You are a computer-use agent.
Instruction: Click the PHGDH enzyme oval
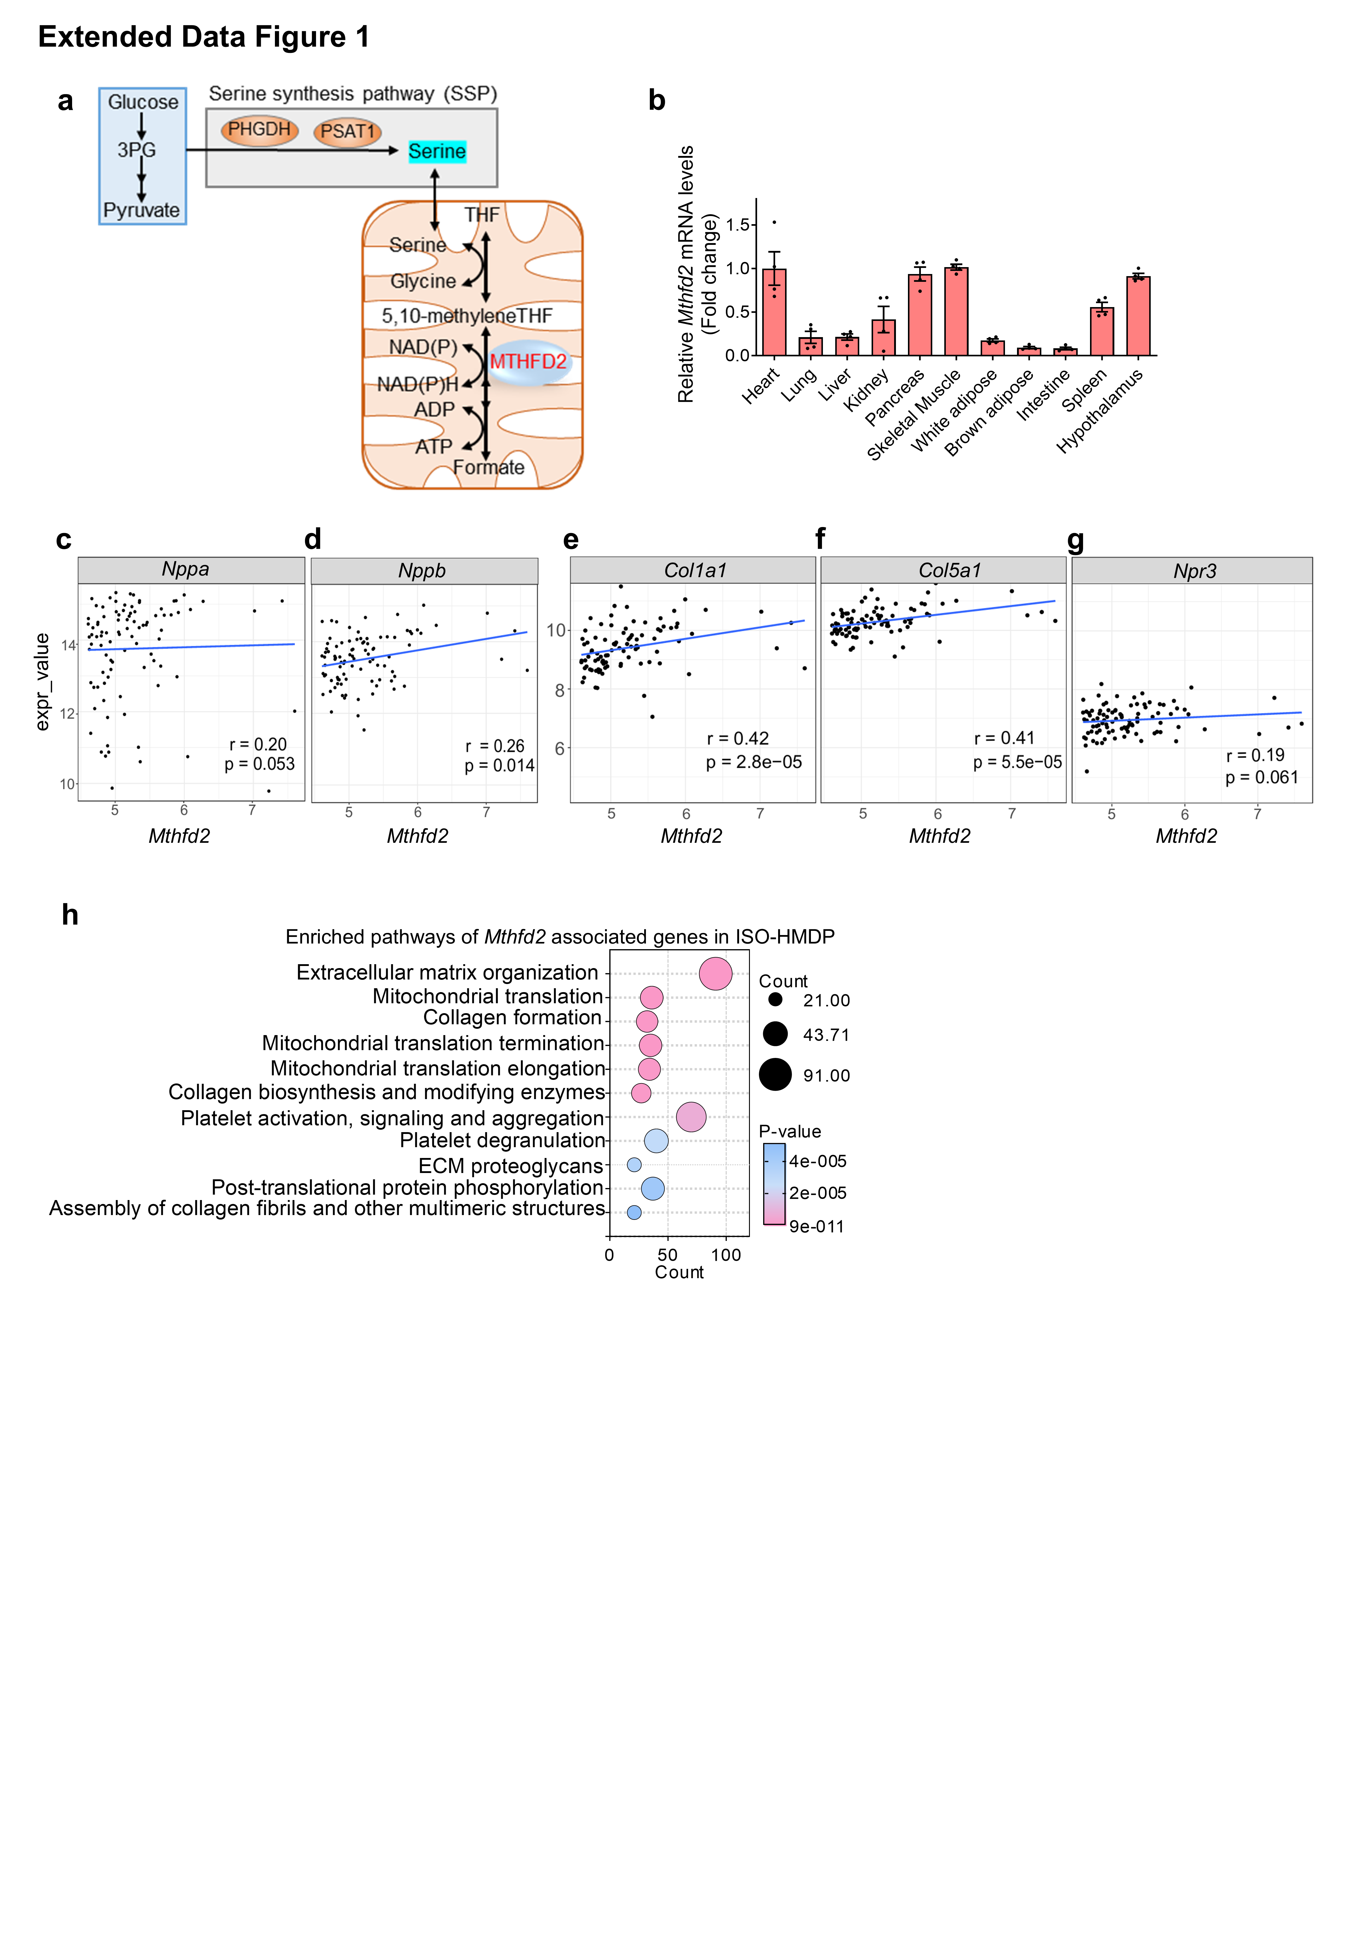[x=259, y=129]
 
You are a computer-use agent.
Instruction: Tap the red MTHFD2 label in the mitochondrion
[x=528, y=362]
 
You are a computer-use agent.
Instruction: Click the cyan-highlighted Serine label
[x=437, y=152]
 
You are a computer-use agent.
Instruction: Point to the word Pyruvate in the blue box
[x=142, y=210]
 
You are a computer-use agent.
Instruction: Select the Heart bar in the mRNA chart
[x=773, y=312]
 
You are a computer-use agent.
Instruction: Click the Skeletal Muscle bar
[x=955, y=311]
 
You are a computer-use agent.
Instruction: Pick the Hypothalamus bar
[x=1138, y=315]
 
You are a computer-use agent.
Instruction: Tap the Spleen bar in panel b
[x=1101, y=331]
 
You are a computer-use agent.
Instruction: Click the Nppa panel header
[x=186, y=569]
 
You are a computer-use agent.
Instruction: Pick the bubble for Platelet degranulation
[x=656, y=1141]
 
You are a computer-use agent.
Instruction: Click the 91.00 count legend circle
[x=775, y=1075]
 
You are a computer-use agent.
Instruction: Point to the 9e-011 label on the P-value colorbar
[x=817, y=1226]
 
